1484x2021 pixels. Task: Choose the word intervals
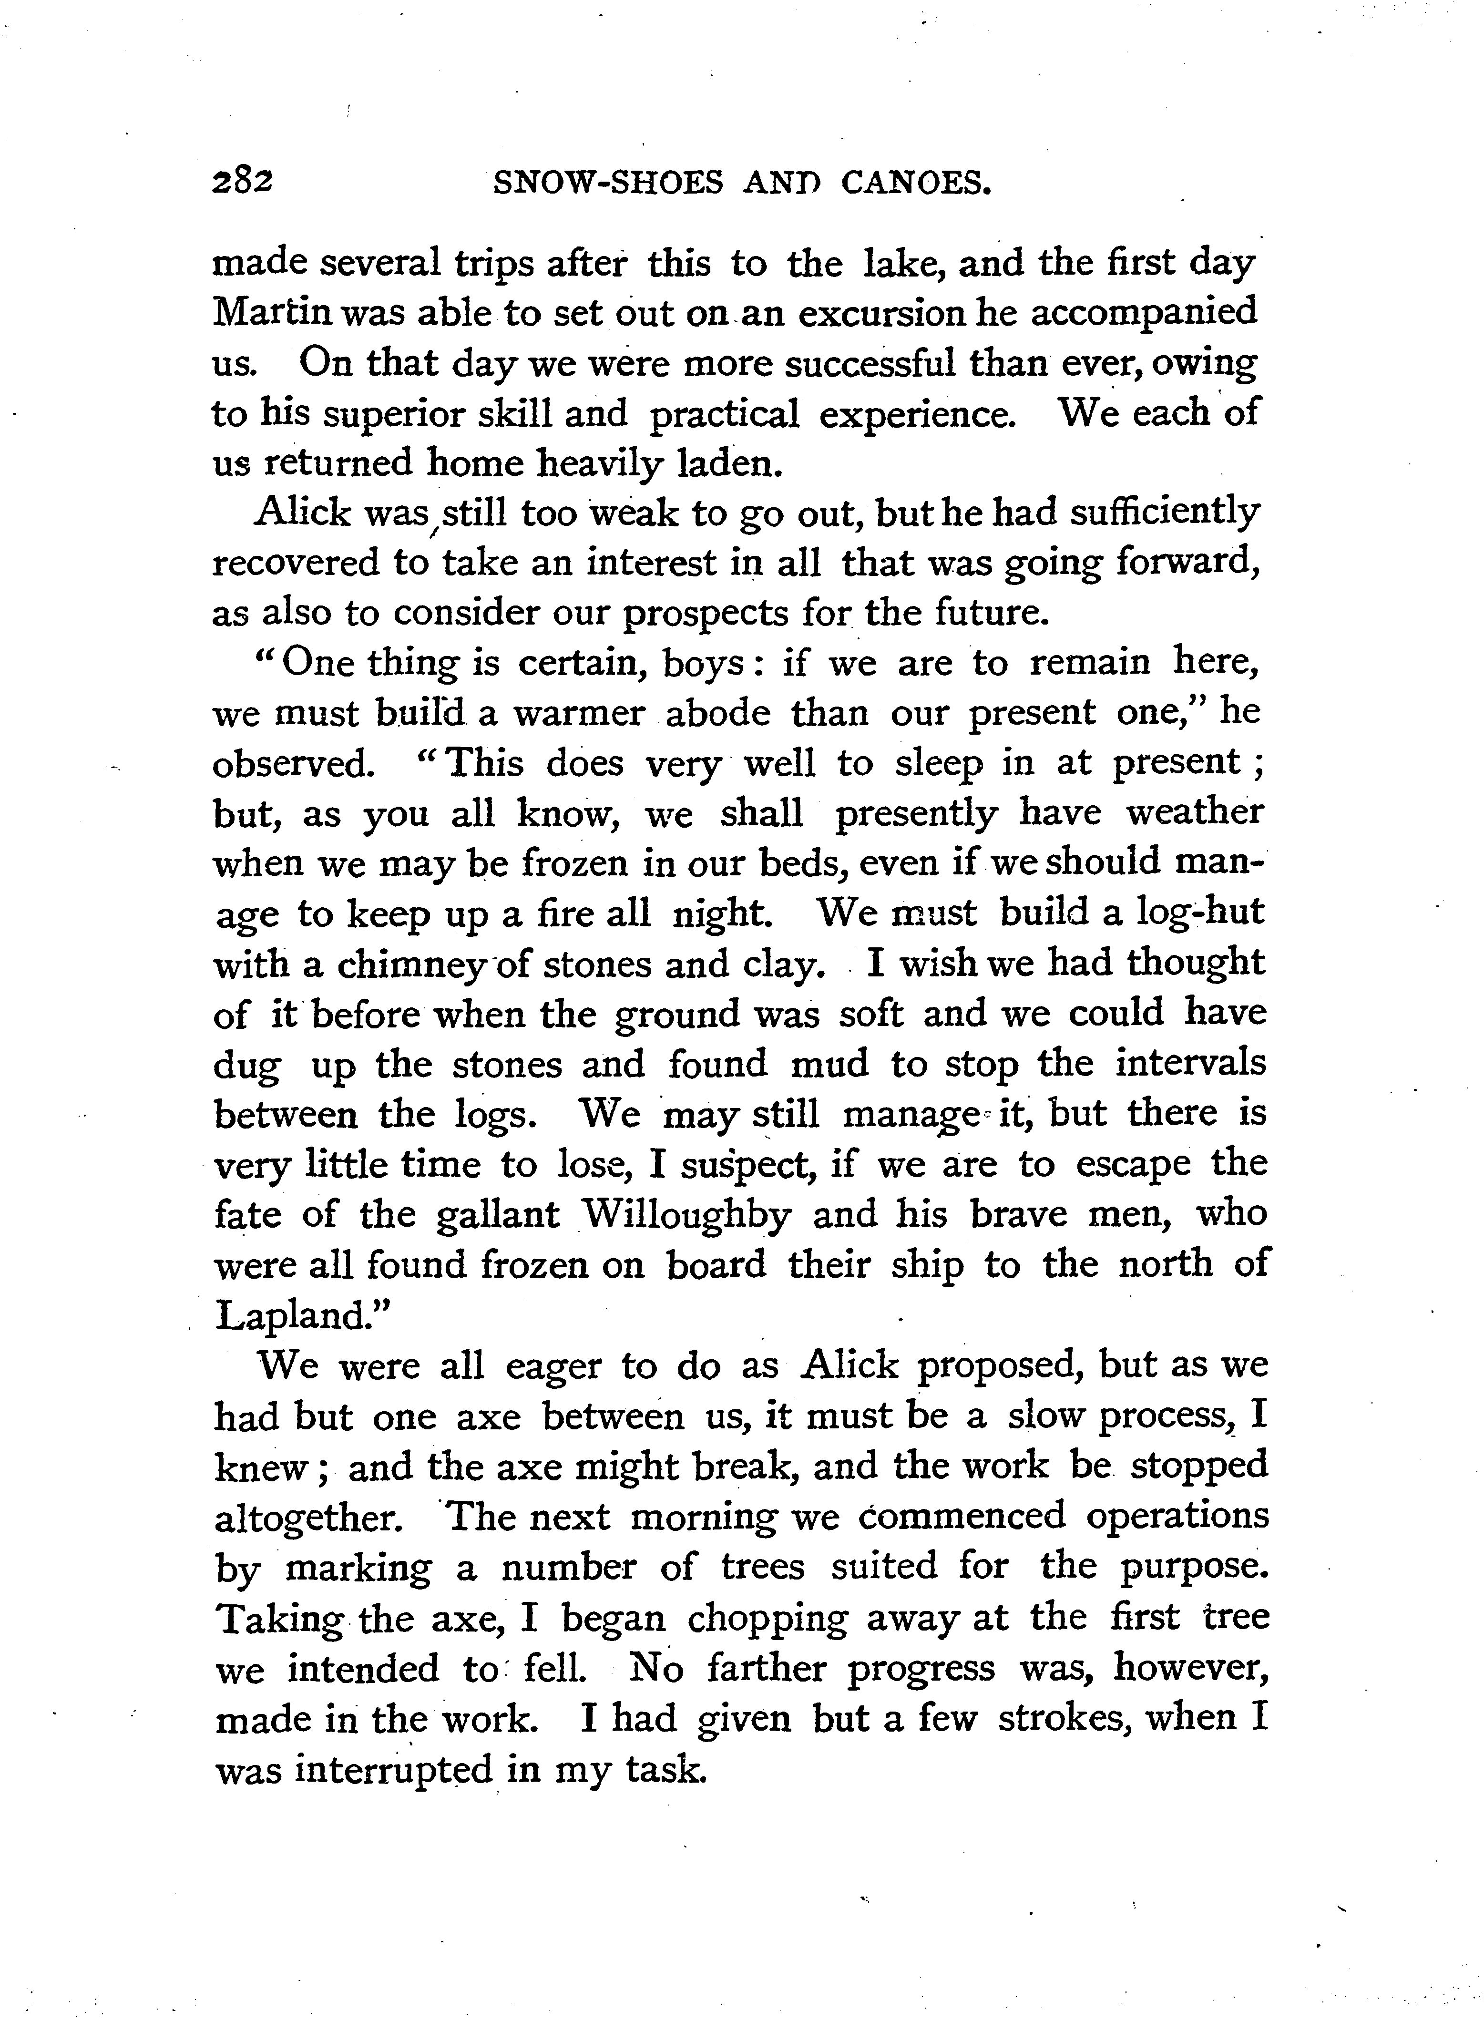1190,1065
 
